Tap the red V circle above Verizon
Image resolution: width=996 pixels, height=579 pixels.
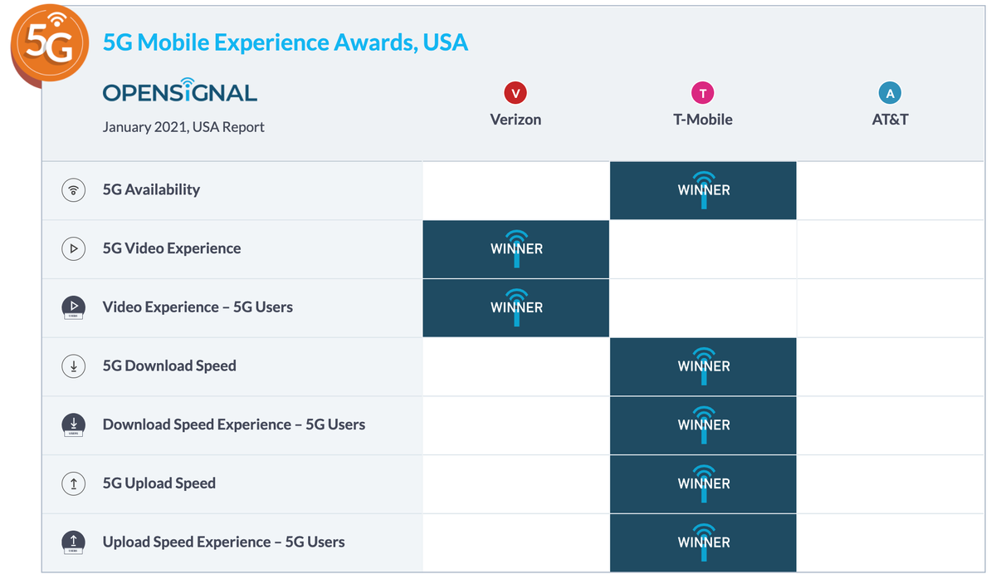pos(515,93)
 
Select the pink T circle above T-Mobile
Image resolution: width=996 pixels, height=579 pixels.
pos(702,93)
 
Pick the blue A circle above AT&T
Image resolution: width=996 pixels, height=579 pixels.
pos(890,93)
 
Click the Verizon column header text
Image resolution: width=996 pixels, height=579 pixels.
pos(515,120)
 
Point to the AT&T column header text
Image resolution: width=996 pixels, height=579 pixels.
pos(890,120)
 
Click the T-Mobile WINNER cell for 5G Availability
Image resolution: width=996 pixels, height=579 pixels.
pos(703,190)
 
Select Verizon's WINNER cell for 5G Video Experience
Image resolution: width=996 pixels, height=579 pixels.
pos(515,249)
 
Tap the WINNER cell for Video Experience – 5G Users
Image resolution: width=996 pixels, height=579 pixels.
pos(515,308)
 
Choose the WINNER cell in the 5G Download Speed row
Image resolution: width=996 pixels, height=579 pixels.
pos(703,366)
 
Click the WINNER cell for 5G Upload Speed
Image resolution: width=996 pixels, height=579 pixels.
pos(703,484)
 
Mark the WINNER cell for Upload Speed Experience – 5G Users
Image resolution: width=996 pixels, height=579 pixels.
pos(703,542)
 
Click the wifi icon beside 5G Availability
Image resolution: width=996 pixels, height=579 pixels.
pos(74,190)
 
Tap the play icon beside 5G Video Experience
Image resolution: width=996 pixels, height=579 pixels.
pos(74,248)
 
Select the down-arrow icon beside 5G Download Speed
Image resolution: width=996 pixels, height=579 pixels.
pos(74,366)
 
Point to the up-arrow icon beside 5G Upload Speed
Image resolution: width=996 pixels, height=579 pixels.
pos(74,483)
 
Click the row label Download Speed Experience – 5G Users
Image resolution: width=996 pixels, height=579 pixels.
pos(234,424)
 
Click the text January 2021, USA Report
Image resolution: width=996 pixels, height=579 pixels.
pos(183,127)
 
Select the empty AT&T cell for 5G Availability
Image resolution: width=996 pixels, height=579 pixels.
pos(890,190)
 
